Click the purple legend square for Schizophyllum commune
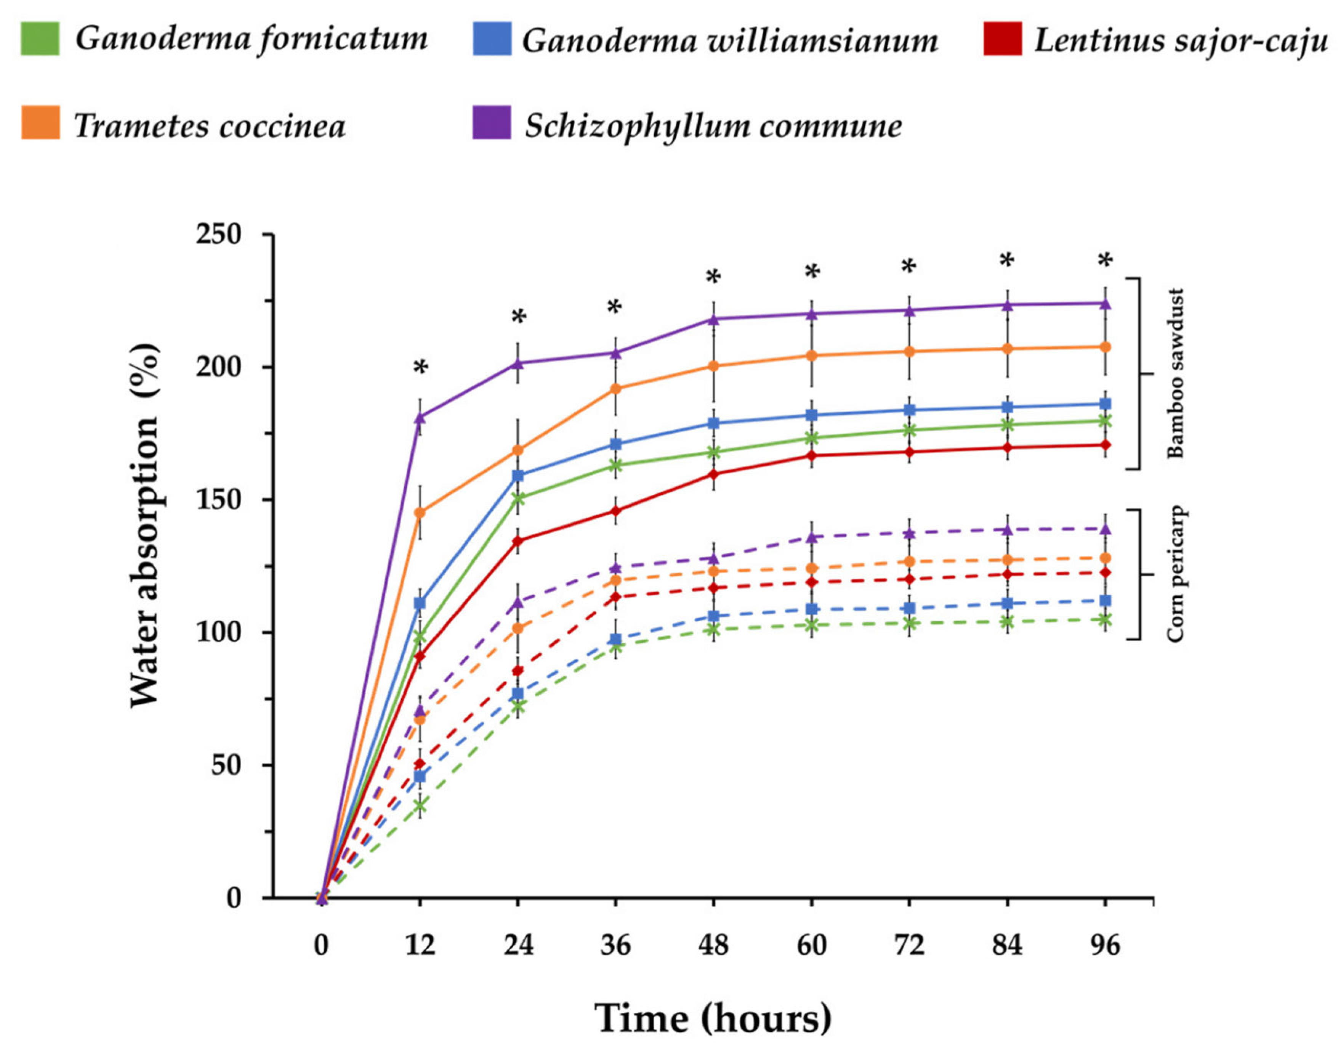coord(491,122)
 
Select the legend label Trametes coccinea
coord(210,125)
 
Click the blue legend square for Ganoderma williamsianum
coord(491,39)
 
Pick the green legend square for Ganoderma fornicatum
coord(40,39)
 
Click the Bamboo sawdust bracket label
coord(1175,374)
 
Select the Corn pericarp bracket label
coord(1175,574)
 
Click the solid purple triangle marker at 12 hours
coord(420,417)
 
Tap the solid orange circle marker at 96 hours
coord(1105,347)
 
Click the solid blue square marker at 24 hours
coord(518,476)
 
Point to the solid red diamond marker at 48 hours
coord(713,474)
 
